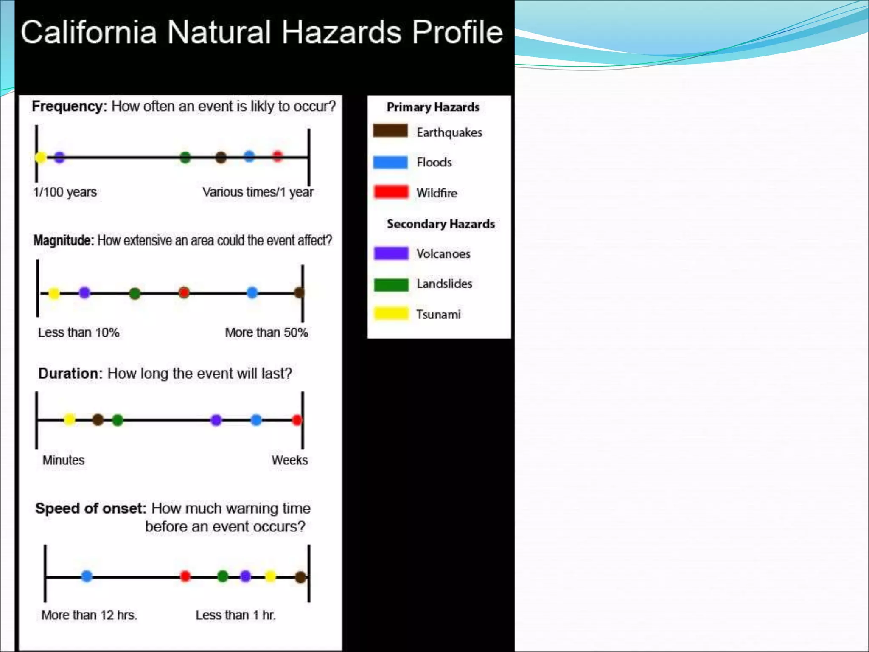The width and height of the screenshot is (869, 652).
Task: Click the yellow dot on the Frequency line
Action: point(41,157)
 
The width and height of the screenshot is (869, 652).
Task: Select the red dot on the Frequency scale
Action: point(278,157)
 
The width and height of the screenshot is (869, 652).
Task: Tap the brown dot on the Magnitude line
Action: point(299,292)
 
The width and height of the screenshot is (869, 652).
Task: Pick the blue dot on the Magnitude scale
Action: point(252,292)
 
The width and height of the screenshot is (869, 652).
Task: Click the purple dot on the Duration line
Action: point(216,420)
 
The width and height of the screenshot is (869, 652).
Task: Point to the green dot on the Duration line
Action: point(118,420)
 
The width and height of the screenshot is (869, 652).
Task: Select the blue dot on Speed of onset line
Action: point(87,576)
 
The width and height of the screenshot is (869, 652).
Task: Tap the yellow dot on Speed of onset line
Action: point(270,576)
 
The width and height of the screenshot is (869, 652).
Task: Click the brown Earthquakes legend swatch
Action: point(390,131)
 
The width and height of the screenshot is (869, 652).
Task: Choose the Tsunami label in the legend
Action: point(438,315)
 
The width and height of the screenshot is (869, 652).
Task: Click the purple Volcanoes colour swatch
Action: point(391,253)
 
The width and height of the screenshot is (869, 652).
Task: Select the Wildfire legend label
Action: point(437,193)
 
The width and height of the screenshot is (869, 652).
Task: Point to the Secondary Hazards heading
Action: point(440,224)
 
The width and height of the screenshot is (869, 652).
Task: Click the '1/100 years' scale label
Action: point(65,192)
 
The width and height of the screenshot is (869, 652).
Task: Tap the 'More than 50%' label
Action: point(266,332)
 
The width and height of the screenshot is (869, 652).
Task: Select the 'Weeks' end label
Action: point(289,460)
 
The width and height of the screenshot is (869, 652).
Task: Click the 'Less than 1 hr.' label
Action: point(235,615)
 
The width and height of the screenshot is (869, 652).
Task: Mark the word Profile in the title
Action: point(457,32)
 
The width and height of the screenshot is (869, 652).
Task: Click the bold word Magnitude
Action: point(63,241)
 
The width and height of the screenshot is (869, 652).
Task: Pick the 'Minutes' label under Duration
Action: point(64,460)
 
